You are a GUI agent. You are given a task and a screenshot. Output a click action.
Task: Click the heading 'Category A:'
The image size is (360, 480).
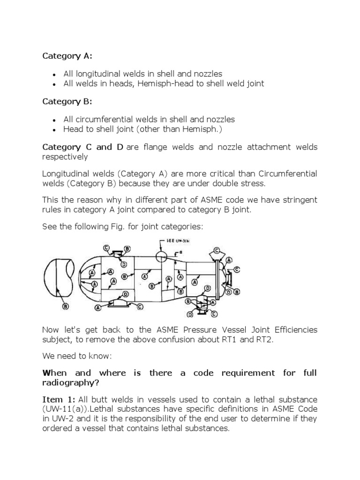67,56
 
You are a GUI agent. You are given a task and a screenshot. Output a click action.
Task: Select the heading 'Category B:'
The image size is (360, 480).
67,101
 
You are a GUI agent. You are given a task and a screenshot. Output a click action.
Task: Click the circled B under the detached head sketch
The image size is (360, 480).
65,306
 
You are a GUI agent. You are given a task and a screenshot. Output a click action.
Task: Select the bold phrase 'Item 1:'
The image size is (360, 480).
59,399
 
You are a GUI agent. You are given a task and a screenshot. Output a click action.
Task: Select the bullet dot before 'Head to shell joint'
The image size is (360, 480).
55,129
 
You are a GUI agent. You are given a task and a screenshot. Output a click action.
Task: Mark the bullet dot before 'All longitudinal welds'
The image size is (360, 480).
55,75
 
